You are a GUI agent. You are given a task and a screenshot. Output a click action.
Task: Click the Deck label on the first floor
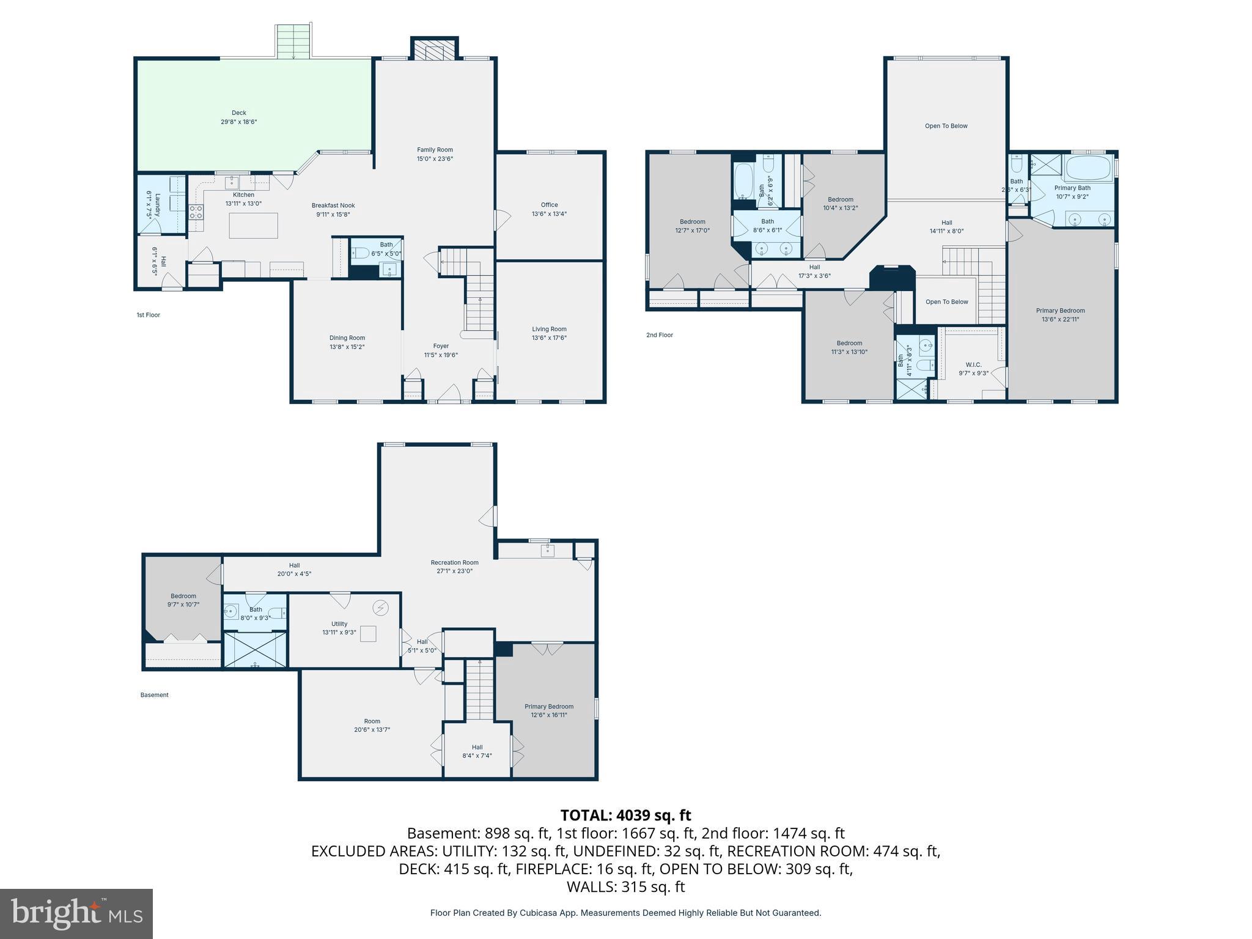[238, 112]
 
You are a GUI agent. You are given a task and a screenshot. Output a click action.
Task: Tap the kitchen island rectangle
[253, 226]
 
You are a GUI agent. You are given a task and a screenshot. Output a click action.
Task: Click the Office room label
[549, 205]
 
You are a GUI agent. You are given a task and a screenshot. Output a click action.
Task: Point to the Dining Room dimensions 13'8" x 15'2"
[347, 347]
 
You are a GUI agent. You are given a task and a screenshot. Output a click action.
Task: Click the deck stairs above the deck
[293, 42]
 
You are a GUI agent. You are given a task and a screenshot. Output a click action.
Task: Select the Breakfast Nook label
[333, 205]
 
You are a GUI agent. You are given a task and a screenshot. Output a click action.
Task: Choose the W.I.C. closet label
[973, 364]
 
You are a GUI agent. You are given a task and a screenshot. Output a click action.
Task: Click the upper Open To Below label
[946, 126]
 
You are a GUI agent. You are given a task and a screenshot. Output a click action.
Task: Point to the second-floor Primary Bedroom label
[1060, 311]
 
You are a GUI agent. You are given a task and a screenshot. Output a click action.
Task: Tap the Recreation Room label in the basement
[454, 562]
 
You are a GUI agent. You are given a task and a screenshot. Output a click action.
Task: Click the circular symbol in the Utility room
[381, 607]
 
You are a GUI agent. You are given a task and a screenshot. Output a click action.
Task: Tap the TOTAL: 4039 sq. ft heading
[625, 815]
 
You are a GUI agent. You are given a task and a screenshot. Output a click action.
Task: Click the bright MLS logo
[76, 913]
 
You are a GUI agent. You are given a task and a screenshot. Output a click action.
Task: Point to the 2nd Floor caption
[659, 335]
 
